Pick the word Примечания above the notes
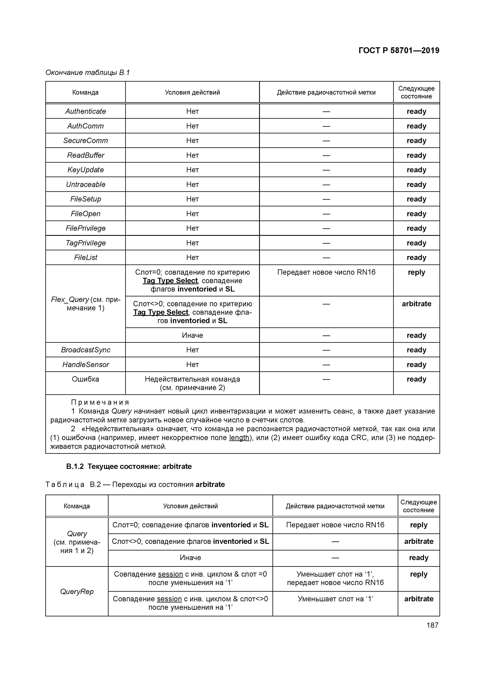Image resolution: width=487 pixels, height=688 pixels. (100, 402)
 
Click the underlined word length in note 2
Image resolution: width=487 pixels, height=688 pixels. (239, 438)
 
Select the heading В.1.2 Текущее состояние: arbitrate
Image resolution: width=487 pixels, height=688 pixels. (129, 467)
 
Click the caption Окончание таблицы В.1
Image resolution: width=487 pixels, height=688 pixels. (88, 73)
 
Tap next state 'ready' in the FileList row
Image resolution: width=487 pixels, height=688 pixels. (416, 258)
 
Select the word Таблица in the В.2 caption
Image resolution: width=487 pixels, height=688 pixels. (65, 485)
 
